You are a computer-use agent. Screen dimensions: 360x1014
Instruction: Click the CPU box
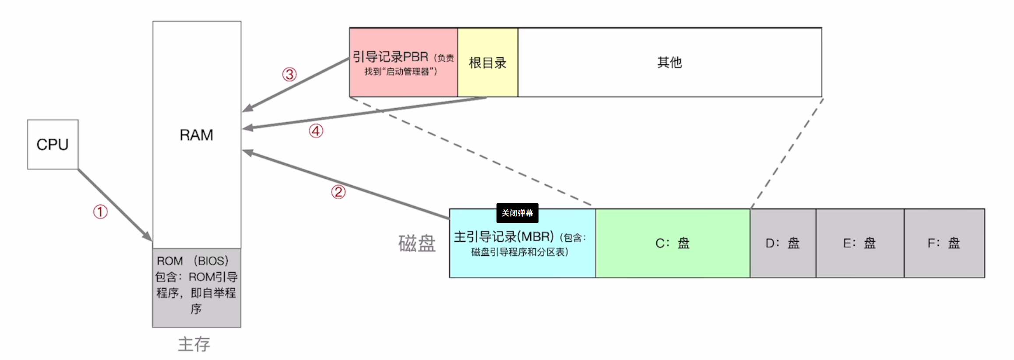click(53, 144)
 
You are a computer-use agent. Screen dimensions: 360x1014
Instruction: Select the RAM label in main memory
click(196, 135)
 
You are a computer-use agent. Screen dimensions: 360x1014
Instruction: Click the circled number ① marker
click(100, 212)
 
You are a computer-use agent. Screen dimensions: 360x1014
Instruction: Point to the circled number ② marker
click(338, 192)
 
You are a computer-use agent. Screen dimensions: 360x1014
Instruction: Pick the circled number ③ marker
click(289, 74)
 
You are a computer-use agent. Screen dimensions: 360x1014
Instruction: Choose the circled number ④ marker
click(316, 131)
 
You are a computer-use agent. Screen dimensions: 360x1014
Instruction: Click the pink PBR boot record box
click(403, 63)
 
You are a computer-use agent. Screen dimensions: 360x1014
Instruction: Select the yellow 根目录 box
click(487, 63)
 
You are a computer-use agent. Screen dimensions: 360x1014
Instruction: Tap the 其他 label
click(669, 62)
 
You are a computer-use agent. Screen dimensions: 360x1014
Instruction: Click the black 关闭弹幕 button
click(517, 213)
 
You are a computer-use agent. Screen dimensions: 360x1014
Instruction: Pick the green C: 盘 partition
click(672, 243)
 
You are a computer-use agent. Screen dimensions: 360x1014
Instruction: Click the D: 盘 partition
click(782, 243)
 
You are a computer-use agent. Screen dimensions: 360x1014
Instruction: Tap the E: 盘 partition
click(859, 243)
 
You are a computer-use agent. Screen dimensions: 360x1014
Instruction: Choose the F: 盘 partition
click(944, 243)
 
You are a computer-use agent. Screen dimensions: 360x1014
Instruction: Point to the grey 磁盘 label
click(417, 244)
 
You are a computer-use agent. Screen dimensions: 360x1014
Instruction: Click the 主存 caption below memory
click(194, 344)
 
